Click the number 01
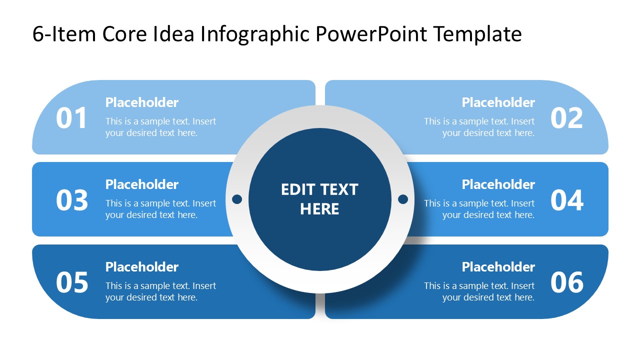coord(71,118)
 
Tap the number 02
coord(566,118)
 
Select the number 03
coord(71,200)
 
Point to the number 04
coord(566,200)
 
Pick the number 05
coord(71,283)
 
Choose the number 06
coord(566,283)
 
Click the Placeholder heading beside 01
coord(141,102)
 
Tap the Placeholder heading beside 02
coord(498,102)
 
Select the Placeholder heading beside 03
coord(141,184)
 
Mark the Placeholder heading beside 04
coord(498,184)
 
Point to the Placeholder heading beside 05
coord(141,267)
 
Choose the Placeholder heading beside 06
coord(498,267)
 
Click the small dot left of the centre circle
coord(237,199)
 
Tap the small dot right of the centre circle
coord(403,199)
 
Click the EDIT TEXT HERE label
coord(319,199)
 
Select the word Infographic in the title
coord(255,34)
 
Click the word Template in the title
coord(477,34)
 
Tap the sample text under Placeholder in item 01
coord(160,127)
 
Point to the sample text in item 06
coord(479,291)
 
